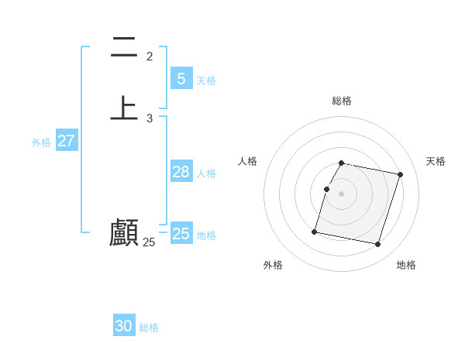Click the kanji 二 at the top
tap(124, 48)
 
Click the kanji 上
tap(124, 108)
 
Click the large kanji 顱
tap(124, 232)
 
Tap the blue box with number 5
tap(181, 78)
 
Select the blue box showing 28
tap(181, 172)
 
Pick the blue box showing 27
tap(67, 141)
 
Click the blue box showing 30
tap(124, 326)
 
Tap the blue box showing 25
tap(181, 234)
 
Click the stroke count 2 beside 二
tap(150, 57)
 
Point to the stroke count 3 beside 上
tap(150, 118)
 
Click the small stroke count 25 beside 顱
tap(150, 242)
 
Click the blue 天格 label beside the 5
tap(206, 81)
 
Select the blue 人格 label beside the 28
tap(206, 173)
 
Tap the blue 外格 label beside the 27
tap(41, 143)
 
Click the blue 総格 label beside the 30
tap(149, 328)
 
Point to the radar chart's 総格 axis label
tap(342, 101)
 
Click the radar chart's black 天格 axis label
tap(436, 161)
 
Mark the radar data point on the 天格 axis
tap(400, 175)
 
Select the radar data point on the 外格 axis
tap(315, 232)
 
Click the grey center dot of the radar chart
tap(342, 194)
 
